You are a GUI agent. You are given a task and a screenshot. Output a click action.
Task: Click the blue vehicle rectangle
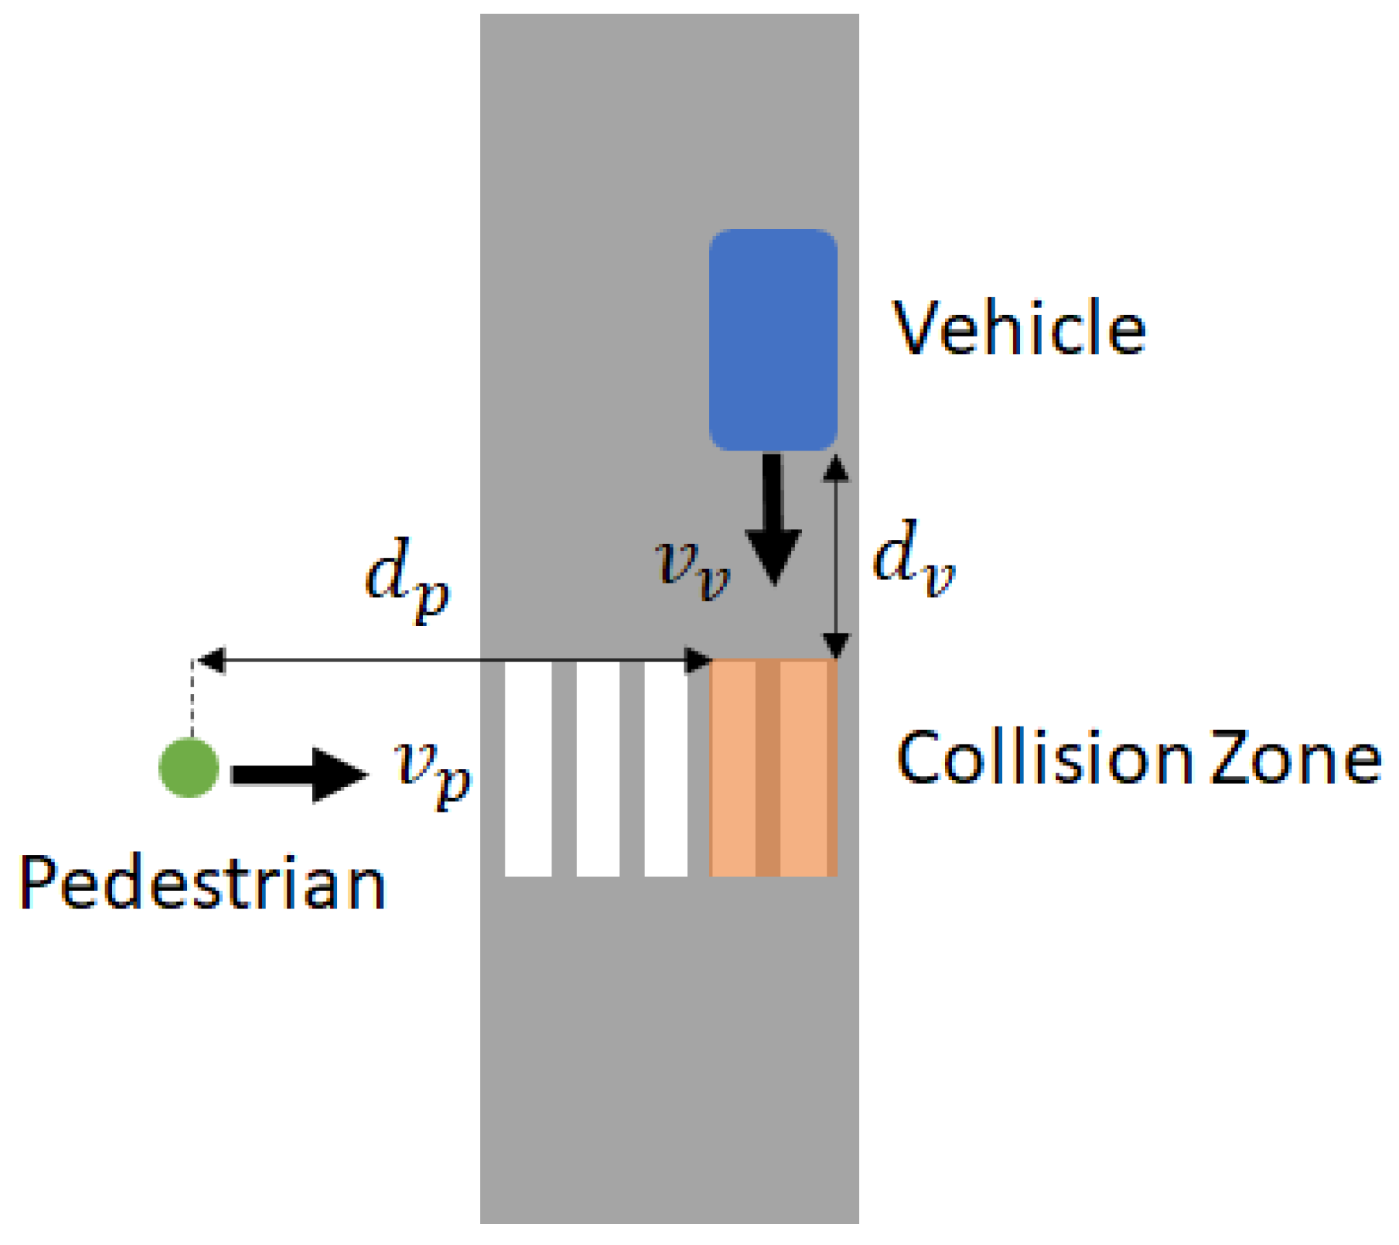pos(772,339)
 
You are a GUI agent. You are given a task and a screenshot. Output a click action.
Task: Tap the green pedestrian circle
pos(189,768)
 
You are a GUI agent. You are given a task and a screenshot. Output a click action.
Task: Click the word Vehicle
pos(1019,329)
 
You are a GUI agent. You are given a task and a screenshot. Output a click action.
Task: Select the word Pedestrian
pos(202,883)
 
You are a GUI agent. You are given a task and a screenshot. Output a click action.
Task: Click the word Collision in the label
pos(1044,758)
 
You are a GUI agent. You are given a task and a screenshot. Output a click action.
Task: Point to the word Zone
pos(1295,758)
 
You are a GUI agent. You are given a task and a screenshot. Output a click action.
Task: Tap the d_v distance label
pos(913,559)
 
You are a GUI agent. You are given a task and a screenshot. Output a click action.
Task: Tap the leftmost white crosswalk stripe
pos(528,769)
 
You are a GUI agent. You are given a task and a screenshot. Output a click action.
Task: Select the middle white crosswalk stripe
pos(598,769)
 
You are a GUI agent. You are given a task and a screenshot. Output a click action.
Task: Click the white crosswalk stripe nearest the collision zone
pos(666,769)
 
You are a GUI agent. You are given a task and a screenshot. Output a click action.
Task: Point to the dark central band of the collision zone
pos(767,769)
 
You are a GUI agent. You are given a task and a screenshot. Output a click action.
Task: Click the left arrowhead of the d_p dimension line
pos(212,660)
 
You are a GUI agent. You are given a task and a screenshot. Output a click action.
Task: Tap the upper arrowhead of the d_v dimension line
pos(836,469)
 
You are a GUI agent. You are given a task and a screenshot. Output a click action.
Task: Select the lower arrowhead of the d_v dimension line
pos(836,643)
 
